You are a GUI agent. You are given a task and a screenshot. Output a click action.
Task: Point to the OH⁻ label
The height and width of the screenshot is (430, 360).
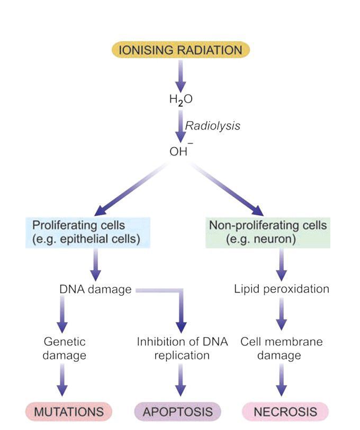tap(180, 152)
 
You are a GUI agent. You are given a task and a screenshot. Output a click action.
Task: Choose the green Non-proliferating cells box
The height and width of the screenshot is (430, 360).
tap(267, 232)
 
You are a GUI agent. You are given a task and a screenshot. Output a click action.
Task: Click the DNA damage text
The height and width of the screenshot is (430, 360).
tap(96, 290)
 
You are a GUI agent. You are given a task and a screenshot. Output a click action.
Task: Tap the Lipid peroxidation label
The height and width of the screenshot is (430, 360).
tap(282, 289)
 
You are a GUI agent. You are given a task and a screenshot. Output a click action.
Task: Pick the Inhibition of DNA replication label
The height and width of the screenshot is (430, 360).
tap(182, 349)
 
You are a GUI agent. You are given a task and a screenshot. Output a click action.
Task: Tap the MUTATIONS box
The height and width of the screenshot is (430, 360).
tap(69, 411)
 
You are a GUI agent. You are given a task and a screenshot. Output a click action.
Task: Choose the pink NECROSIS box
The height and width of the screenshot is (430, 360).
tap(285, 411)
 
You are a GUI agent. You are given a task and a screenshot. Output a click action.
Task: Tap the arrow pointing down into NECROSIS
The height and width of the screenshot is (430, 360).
tap(282, 381)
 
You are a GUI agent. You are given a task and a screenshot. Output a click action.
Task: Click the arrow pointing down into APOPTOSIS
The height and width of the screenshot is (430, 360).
tap(182, 381)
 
